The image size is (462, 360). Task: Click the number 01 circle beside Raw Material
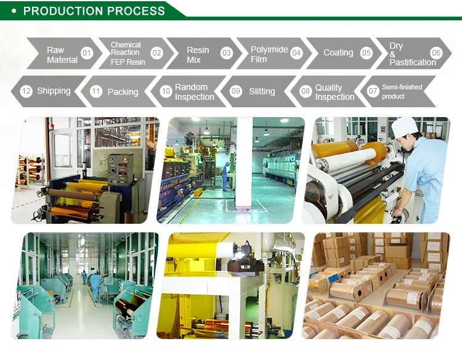tap(87, 53)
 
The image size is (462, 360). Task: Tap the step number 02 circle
tap(156, 53)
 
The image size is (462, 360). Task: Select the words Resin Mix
tap(198, 55)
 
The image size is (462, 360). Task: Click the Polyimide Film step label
tap(269, 54)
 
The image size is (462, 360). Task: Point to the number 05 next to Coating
tap(367, 53)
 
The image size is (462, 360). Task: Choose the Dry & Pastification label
tap(412, 54)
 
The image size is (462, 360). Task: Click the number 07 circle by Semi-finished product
tap(373, 91)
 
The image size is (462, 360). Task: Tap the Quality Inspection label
tap(334, 92)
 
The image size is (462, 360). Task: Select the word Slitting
tap(262, 91)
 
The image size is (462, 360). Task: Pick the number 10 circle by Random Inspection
tap(166, 91)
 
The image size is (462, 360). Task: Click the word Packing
tap(123, 92)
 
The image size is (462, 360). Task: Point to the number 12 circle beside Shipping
tap(26, 91)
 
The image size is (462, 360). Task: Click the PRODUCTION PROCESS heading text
tap(94, 11)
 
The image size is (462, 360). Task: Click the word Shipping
tap(54, 91)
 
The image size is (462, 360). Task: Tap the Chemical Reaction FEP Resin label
tap(128, 54)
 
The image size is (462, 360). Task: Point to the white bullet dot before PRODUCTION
tap(14, 11)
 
